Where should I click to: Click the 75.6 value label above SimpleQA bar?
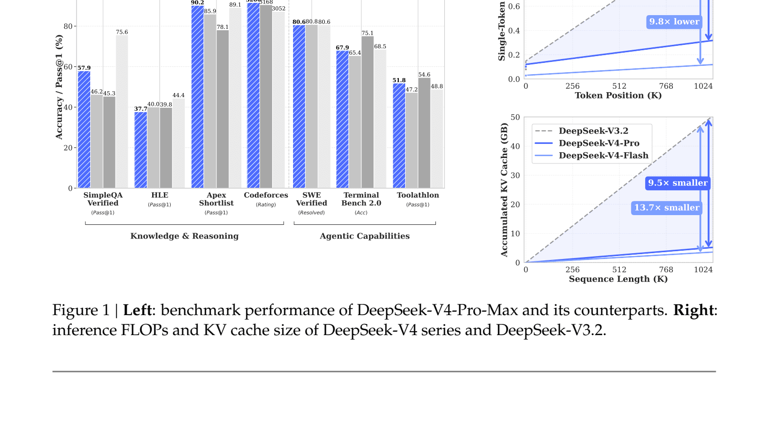coord(122,32)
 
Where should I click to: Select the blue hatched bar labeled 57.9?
coord(84,129)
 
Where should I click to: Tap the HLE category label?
coord(159,195)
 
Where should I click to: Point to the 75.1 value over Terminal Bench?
coord(368,33)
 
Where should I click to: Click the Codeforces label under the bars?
coord(266,195)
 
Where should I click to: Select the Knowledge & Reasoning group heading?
coord(184,236)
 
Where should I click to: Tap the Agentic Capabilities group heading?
coord(364,236)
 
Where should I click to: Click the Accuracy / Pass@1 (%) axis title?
coord(59,87)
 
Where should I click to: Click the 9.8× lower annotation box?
coord(674,21)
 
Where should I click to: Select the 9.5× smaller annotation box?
coord(677,183)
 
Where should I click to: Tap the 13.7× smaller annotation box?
coord(667,208)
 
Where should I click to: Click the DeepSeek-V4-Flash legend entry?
coord(603,156)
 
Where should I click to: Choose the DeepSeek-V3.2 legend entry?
coord(593,131)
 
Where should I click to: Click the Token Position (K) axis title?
coord(618,96)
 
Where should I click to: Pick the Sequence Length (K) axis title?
coord(618,279)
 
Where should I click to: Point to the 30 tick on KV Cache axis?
coord(515,175)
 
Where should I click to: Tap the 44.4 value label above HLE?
coord(178,95)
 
